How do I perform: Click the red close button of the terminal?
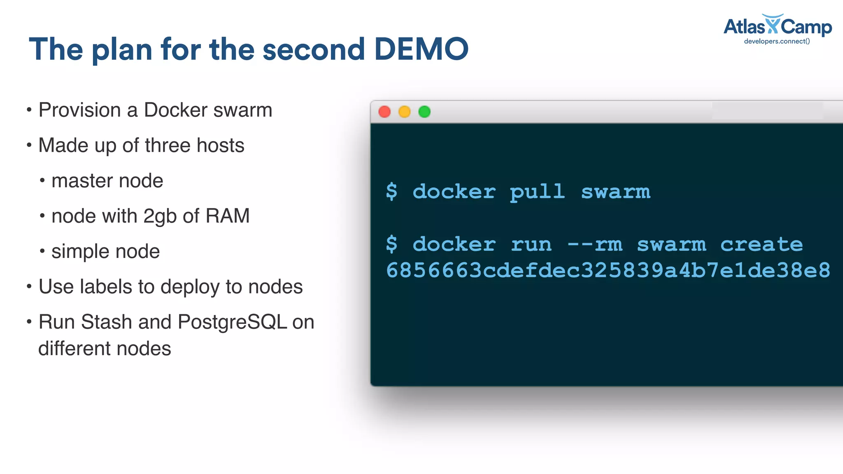coord(384,112)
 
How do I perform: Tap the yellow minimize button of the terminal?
coord(405,112)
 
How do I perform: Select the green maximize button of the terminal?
coord(424,112)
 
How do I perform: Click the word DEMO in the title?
coord(421,49)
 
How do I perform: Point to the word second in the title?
coord(314,49)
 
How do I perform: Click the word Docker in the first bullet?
coord(176,110)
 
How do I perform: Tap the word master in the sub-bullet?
coord(80,181)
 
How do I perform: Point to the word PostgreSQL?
coord(232,322)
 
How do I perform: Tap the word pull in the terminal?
coord(537,192)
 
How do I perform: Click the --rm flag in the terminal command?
coord(595,245)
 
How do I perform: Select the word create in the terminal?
coord(761,245)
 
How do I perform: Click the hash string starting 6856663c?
coord(608,271)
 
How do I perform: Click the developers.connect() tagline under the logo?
coord(777,41)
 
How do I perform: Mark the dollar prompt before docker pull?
coord(392,192)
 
